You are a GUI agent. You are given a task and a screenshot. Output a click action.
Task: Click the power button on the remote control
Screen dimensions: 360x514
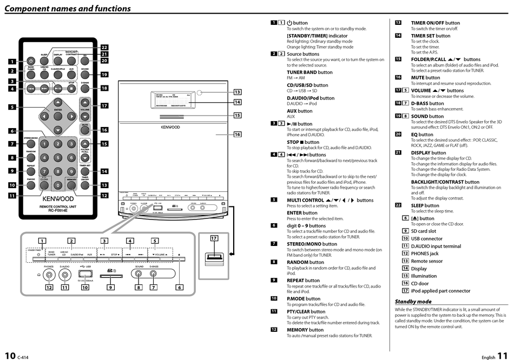31,61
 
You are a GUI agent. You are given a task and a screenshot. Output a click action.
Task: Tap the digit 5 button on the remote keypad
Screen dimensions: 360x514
58,158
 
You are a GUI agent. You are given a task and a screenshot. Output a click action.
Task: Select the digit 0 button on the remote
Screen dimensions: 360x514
58,185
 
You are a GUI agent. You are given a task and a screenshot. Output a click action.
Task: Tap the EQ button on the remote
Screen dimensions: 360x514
85,60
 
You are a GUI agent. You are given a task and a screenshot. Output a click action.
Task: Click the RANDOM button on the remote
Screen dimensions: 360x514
31,158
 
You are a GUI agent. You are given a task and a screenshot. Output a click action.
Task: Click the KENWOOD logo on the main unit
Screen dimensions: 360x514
171,128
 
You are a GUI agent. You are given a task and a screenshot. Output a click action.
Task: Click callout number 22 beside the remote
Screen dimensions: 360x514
104,48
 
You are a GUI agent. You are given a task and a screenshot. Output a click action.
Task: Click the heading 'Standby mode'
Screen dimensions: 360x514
413,301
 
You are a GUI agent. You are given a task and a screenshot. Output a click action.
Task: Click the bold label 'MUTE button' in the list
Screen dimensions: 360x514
425,77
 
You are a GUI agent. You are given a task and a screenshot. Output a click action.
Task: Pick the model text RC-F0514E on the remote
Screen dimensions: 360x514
58,210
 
